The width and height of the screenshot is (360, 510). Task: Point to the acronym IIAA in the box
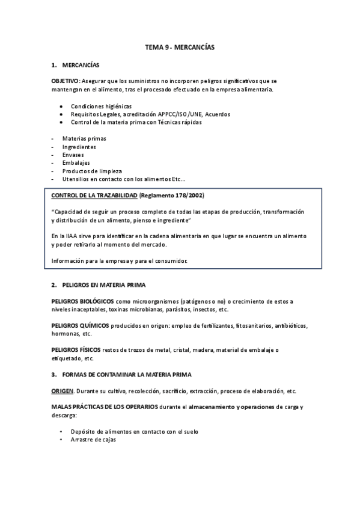[x=69, y=236]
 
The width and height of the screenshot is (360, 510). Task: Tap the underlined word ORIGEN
[x=64, y=391]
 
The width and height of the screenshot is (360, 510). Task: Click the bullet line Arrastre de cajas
[x=93, y=440]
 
